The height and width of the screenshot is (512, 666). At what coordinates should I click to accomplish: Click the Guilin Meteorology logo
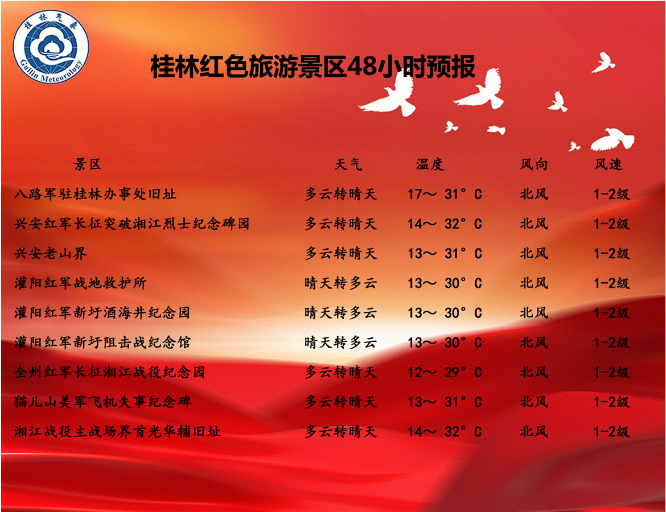tap(51, 47)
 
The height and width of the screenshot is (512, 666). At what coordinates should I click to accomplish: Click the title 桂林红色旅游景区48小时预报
tap(313, 67)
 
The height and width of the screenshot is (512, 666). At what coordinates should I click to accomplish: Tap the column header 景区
tap(88, 164)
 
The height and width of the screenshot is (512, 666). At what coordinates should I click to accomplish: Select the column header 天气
tap(348, 164)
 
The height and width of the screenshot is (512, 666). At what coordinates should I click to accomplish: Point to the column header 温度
tap(430, 164)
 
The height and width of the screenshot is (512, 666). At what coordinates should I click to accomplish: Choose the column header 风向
tap(534, 164)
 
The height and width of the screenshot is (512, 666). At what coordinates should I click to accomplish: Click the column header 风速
tap(609, 164)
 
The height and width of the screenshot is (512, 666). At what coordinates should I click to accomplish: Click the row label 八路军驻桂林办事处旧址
tap(95, 194)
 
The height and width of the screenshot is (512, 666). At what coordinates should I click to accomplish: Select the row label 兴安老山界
tap(51, 254)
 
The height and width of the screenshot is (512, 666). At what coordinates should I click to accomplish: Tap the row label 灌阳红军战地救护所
tap(80, 283)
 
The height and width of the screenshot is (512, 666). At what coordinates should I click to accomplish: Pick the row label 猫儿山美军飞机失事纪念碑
tap(103, 402)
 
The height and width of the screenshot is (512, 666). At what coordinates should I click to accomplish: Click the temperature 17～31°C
tap(445, 194)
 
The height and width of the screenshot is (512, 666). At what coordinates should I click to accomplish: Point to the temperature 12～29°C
tap(445, 372)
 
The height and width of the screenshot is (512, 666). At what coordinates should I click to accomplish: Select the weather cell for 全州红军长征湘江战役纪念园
tap(340, 372)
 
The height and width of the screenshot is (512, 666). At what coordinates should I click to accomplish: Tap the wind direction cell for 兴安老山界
tap(534, 254)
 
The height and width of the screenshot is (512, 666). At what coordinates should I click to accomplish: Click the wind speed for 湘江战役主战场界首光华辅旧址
tap(611, 432)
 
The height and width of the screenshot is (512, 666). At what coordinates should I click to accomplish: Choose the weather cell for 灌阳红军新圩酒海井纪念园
tap(340, 313)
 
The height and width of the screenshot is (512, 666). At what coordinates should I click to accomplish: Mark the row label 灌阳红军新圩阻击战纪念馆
tap(102, 342)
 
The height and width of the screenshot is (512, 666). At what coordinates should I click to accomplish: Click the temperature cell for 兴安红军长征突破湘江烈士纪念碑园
tap(445, 224)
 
